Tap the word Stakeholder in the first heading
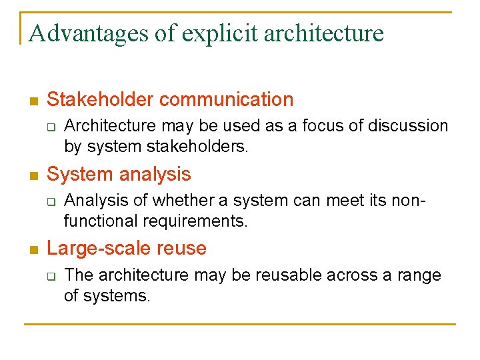pos(101,100)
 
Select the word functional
pos(97,221)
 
